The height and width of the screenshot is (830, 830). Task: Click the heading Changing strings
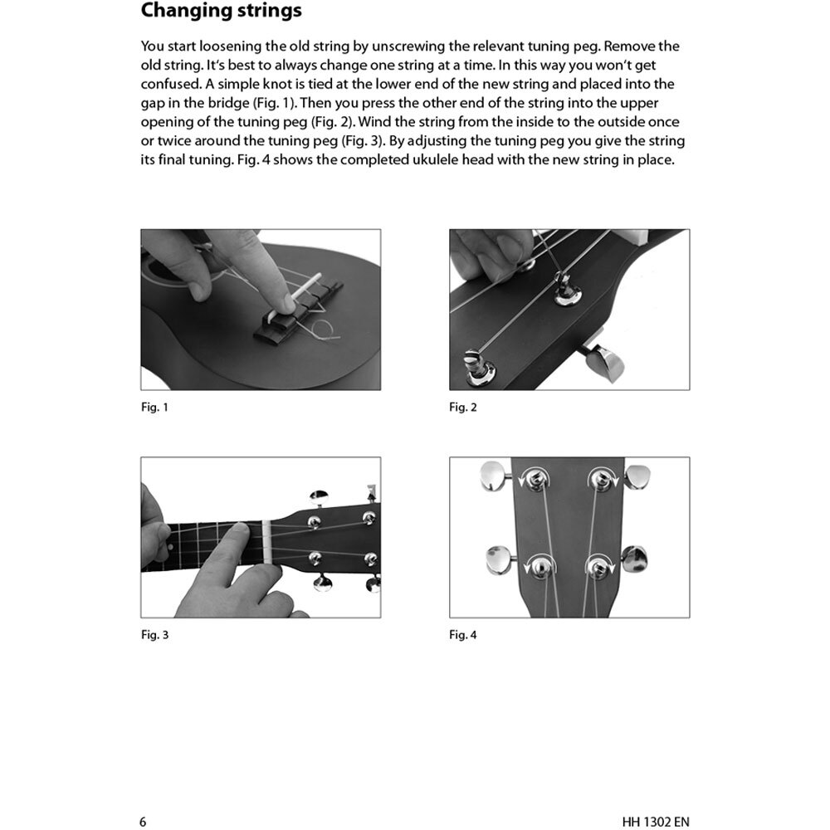[x=221, y=12]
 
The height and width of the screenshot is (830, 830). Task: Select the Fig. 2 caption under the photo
[x=463, y=408]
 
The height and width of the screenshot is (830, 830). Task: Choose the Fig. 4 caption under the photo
[x=463, y=635]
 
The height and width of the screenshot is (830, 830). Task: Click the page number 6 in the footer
[x=144, y=800]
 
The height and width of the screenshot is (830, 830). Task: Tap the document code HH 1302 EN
[x=655, y=800]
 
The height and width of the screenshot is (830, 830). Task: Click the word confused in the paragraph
[x=170, y=84]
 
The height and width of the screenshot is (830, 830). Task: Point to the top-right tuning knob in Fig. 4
[x=637, y=476]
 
